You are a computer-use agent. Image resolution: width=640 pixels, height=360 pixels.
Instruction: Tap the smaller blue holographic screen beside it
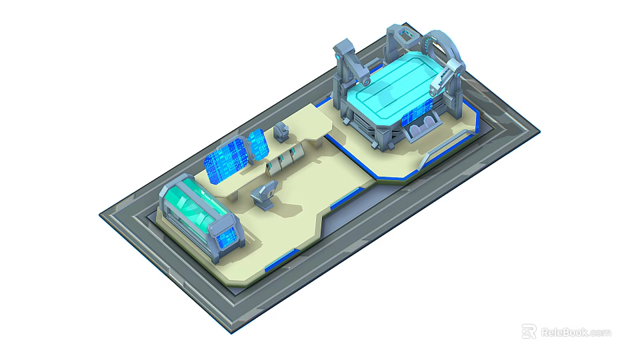(257, 145)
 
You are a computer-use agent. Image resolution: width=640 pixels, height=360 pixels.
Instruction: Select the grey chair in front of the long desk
(263, 195)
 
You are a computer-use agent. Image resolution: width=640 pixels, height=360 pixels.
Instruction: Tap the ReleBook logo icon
(529, 331)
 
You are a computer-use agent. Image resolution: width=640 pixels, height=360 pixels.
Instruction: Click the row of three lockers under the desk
(283, 160)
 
